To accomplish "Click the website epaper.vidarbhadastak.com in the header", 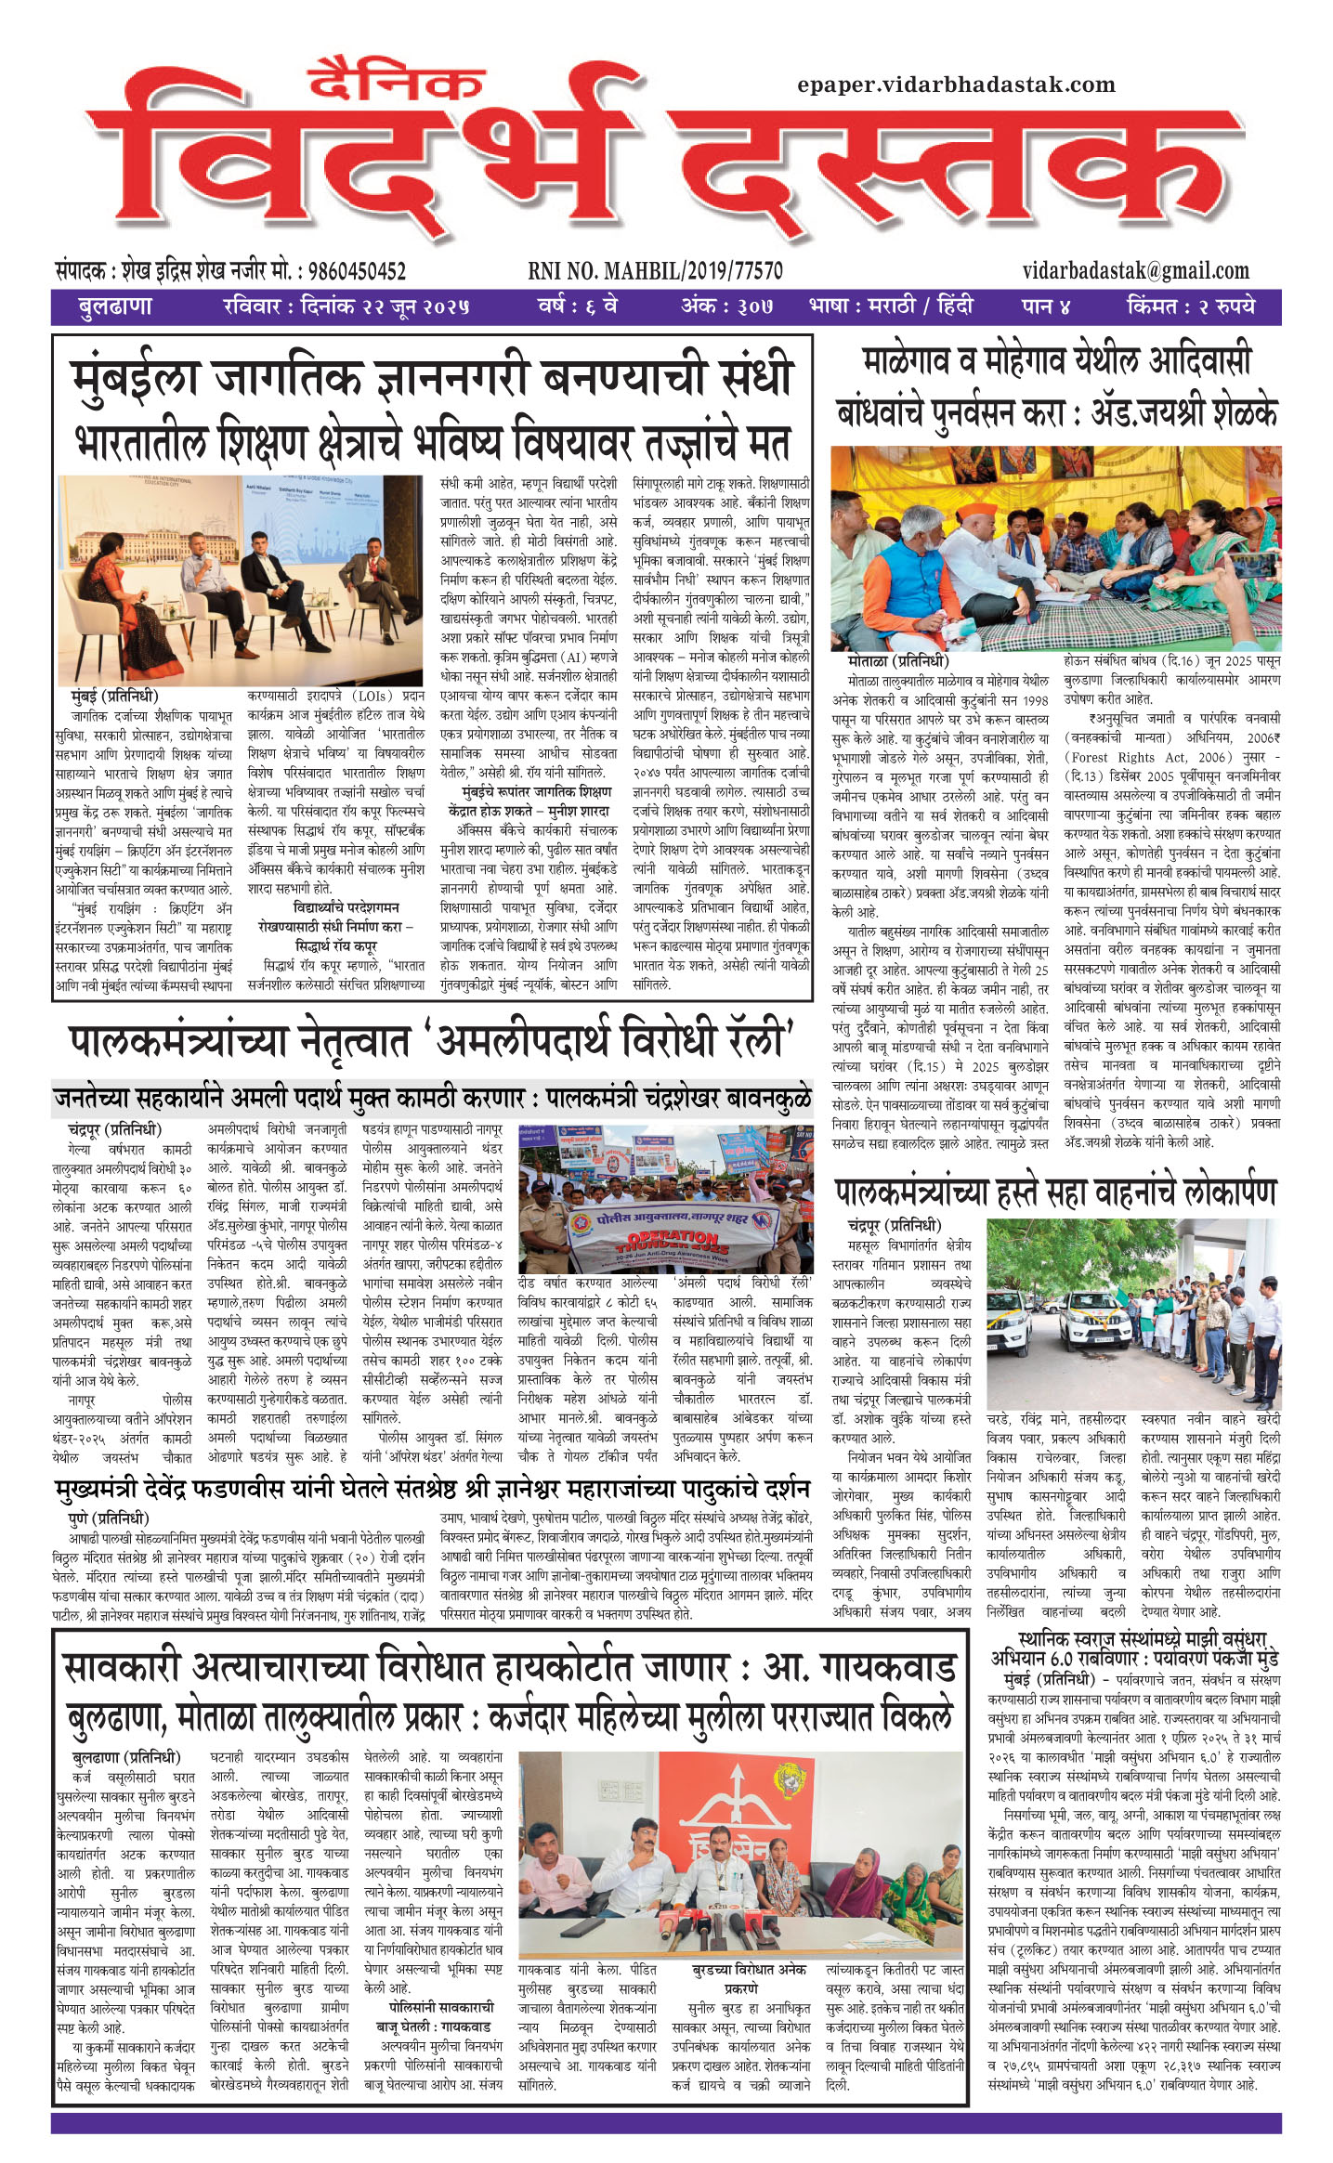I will coord(956,85).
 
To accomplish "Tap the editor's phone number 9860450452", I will coord(357,271).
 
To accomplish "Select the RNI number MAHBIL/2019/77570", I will coord(655,271).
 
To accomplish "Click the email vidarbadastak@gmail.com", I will coord(1135,270).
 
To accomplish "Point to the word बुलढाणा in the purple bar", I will coord(114,306).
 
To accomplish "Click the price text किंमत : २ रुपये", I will coord(1190,306).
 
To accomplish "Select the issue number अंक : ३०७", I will coord(726,306).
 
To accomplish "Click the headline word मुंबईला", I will coord(136,378).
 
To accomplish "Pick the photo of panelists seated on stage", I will coord(240,580).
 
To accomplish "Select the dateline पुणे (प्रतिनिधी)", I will coord(109,1518).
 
